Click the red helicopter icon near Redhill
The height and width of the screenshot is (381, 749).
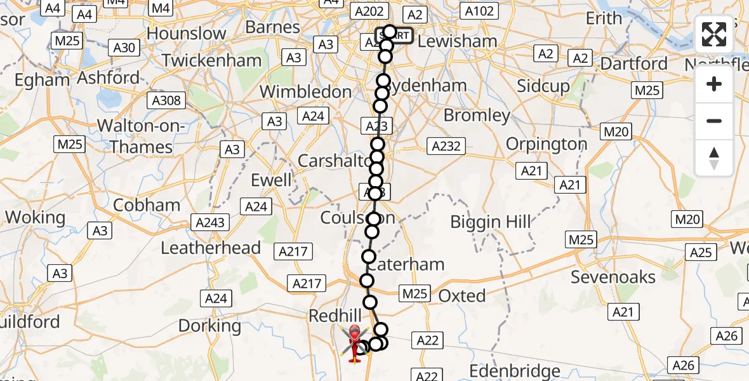coord(355,341)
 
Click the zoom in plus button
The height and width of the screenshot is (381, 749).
coord(714,84)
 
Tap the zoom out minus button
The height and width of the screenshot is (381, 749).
coord(714,121)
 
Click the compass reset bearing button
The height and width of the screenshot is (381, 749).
coord(714,157)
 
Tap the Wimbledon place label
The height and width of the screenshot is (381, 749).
coord(306,92)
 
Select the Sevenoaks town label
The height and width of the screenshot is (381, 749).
coord(613,277)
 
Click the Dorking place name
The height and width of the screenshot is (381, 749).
coord(209,326)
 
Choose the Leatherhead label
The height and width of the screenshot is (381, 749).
coord(211,248)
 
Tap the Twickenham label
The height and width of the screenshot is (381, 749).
coord(212,61)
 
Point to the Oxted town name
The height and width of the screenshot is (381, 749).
coord(462,296)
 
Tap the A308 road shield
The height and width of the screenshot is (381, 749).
coord(166,100)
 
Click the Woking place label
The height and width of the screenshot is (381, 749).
coord(35,218)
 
